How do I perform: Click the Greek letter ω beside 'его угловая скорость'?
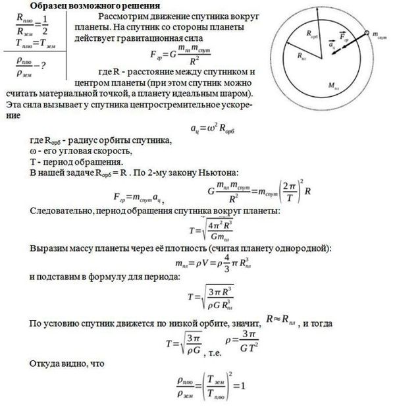[x=33, y=151]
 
